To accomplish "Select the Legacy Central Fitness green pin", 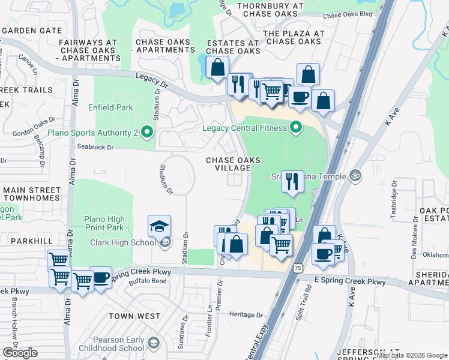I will pos(295,127).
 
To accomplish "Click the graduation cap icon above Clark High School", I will pos(159,226).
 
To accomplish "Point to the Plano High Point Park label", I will pos(104,223).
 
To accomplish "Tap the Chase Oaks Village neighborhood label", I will pos(234,164).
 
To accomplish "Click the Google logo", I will pos(20,353).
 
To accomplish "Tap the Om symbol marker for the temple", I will pos(355,176).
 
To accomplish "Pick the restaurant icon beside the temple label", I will pos(292,181).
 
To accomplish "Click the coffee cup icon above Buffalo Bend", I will pos(100,278).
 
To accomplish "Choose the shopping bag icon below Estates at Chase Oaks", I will pos(217,67).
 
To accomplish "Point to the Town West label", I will pos(134,316).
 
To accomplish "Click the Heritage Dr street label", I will pos(243,314).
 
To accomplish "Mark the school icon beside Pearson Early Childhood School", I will pos(153,343).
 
